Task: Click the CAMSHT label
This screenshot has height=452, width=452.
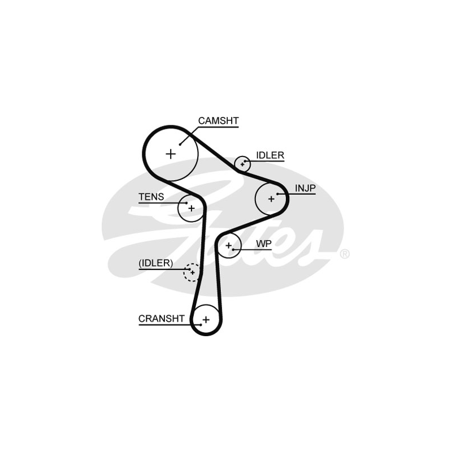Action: coord(218,120)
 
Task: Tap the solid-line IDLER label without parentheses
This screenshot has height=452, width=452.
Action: coord(270,155)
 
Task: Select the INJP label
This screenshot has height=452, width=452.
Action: coord(305,188)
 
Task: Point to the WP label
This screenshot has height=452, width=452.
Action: coord(264,244)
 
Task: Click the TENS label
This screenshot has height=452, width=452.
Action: coord(151,197)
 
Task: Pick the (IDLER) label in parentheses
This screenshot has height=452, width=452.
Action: coord(156,263)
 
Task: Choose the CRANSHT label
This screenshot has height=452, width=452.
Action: coord(162,319)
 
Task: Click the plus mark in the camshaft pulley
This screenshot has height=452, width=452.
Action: coord(171,153)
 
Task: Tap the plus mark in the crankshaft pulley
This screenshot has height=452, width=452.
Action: coord(206,320)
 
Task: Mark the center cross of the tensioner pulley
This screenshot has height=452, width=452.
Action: coord(191,208)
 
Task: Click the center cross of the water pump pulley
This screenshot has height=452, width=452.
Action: coord(229,246)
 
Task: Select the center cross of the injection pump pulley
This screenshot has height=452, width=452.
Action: coord(271,198)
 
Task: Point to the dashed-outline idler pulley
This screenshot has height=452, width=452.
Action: coord(192,272)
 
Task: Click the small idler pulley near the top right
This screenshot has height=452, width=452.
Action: coord(243,164)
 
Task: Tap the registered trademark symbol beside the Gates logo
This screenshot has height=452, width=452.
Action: coord(345,254)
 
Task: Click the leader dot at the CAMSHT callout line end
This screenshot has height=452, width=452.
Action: coord(180,144)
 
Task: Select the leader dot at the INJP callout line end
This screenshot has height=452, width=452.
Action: coord(277,194)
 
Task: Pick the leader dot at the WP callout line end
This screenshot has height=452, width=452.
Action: coord(233,249)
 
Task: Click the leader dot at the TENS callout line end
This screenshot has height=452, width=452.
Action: coord(186,202)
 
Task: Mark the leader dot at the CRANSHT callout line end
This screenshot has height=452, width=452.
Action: coord(201,324)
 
